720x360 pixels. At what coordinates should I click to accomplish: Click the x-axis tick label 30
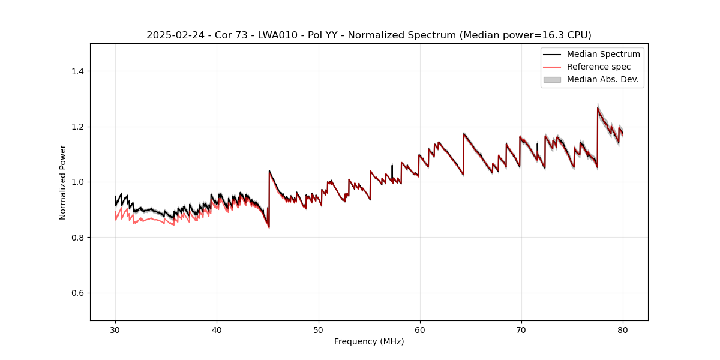116,329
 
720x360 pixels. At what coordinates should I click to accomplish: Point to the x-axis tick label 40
217,329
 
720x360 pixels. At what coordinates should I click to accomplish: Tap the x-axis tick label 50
319,329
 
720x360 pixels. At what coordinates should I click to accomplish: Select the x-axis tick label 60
420,329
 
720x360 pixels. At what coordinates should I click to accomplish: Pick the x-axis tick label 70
521,329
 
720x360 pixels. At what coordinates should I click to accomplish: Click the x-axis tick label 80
623,329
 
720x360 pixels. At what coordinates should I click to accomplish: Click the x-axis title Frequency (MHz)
369,341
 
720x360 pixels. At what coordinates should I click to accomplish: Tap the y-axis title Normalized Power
63,182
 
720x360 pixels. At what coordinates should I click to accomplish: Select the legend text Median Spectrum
603,54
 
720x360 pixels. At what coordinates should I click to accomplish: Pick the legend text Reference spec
599,67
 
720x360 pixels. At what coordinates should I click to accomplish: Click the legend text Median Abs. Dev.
602,79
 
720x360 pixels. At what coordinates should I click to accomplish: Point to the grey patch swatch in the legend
552,79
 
